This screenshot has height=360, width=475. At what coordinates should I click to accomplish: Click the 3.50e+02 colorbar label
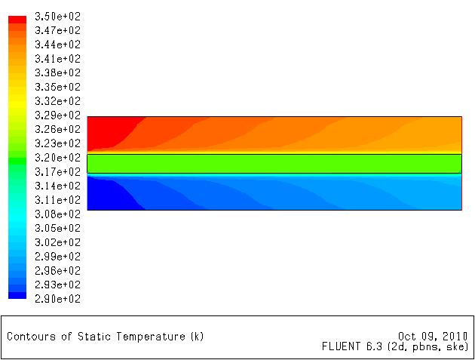pyautogui.click(x=57, y=17)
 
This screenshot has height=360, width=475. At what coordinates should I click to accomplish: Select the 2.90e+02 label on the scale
pyautogui.click(x=57, y=299)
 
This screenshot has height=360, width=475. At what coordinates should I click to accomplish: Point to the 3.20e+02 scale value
pyautogui.click(x=57, y=158)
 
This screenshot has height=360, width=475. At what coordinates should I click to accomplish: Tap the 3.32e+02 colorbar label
pyautogui.click(x=57, y=101)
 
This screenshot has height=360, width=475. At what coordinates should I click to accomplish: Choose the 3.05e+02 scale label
pyautogui.click(x=57, y=228)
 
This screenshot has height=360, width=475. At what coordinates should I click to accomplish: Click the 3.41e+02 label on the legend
pyautogui.click(x=57, y=59)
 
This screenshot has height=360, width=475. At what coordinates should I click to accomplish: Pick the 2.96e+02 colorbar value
pyautogui.click(x=57, y=270)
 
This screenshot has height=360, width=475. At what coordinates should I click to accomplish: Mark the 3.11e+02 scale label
pyautogui.click(x=57, y=200)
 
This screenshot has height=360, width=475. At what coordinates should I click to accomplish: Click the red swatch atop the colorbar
pyautogui.click(x=17, y=20)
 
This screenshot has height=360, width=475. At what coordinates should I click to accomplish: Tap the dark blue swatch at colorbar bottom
pyautogui.click(x=17, y=295)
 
